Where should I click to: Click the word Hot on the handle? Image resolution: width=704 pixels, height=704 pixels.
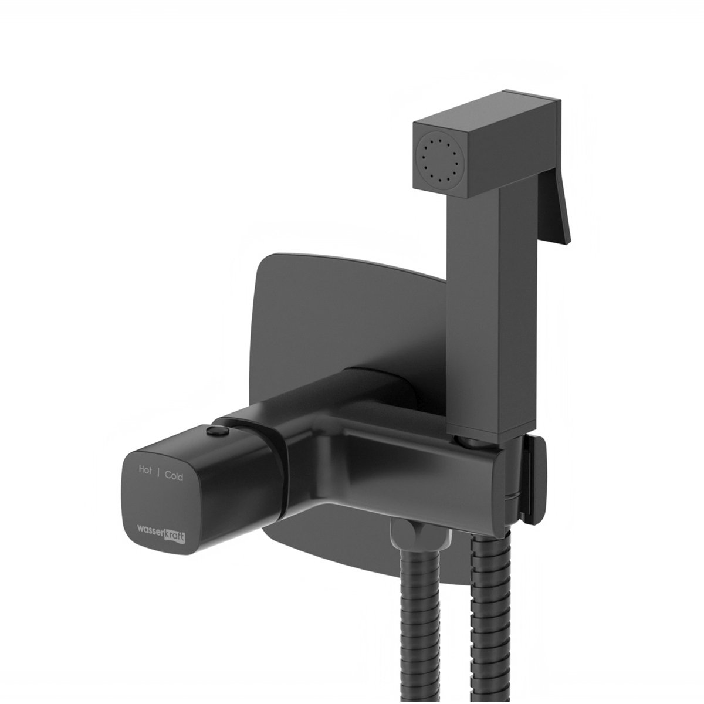click(145, 470)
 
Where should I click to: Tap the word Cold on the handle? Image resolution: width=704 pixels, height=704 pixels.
click(174, 476)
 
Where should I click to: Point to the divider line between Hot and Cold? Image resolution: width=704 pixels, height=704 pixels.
click(158, 473)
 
